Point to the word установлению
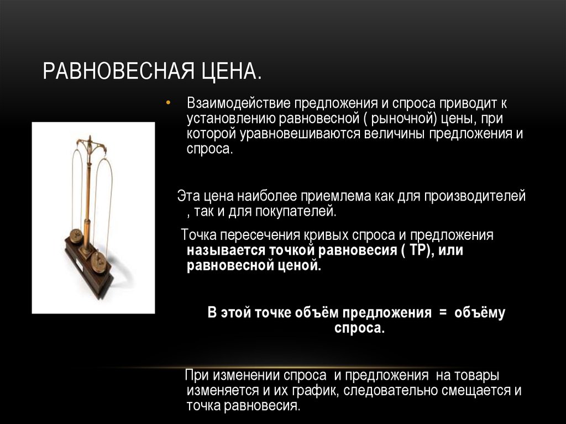pyautogui.click(x=227, y=119)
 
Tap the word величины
pyautogui.click(x=396, y=134)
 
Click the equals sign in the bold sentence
pyautogui.click(x=442, y=313)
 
